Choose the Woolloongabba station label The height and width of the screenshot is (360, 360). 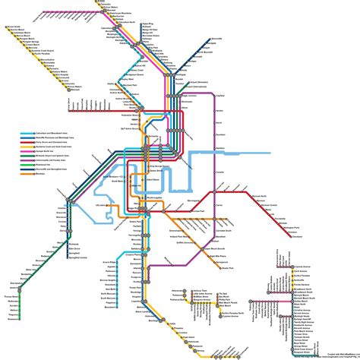(172, 197)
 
